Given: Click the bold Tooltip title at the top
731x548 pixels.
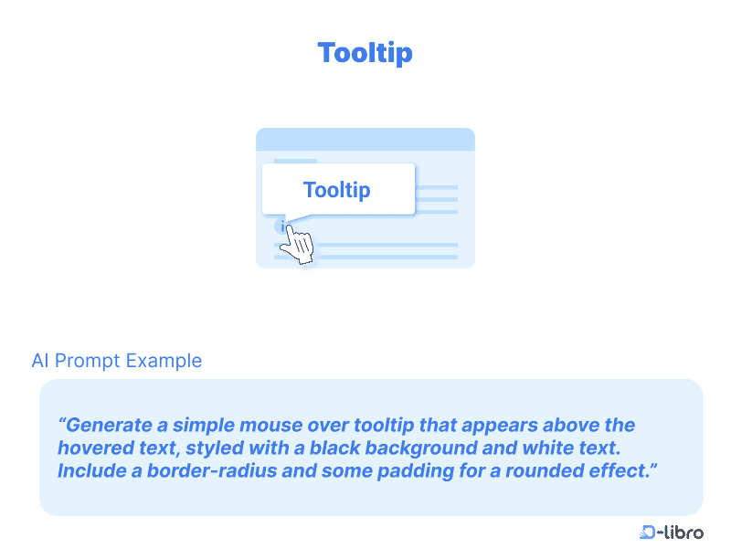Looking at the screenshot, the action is click(365, 53).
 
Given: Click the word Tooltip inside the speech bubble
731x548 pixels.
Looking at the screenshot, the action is click(336, 190).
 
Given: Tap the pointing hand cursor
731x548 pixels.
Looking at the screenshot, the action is click(297, 244).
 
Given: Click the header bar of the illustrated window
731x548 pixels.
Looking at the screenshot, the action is click(365, 140).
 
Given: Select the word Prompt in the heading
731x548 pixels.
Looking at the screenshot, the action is click(87, 361).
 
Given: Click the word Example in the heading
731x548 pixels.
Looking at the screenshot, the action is click(164, 361).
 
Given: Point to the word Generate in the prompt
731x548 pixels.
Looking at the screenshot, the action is click(109, 425).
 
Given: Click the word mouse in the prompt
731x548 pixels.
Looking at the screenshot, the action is click(271, 426).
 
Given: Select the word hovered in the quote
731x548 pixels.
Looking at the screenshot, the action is click(96, 448).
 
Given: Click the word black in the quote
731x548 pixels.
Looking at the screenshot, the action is click(334, 448).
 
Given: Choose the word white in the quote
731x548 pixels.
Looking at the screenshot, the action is click(547, 448).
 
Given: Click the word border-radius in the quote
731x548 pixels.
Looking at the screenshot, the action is click(212, 470).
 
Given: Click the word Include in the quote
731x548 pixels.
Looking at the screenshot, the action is click(92, 470).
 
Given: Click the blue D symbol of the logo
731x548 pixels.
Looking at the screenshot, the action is click(647, 532).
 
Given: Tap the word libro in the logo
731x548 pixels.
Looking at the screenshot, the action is click(683, 532).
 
